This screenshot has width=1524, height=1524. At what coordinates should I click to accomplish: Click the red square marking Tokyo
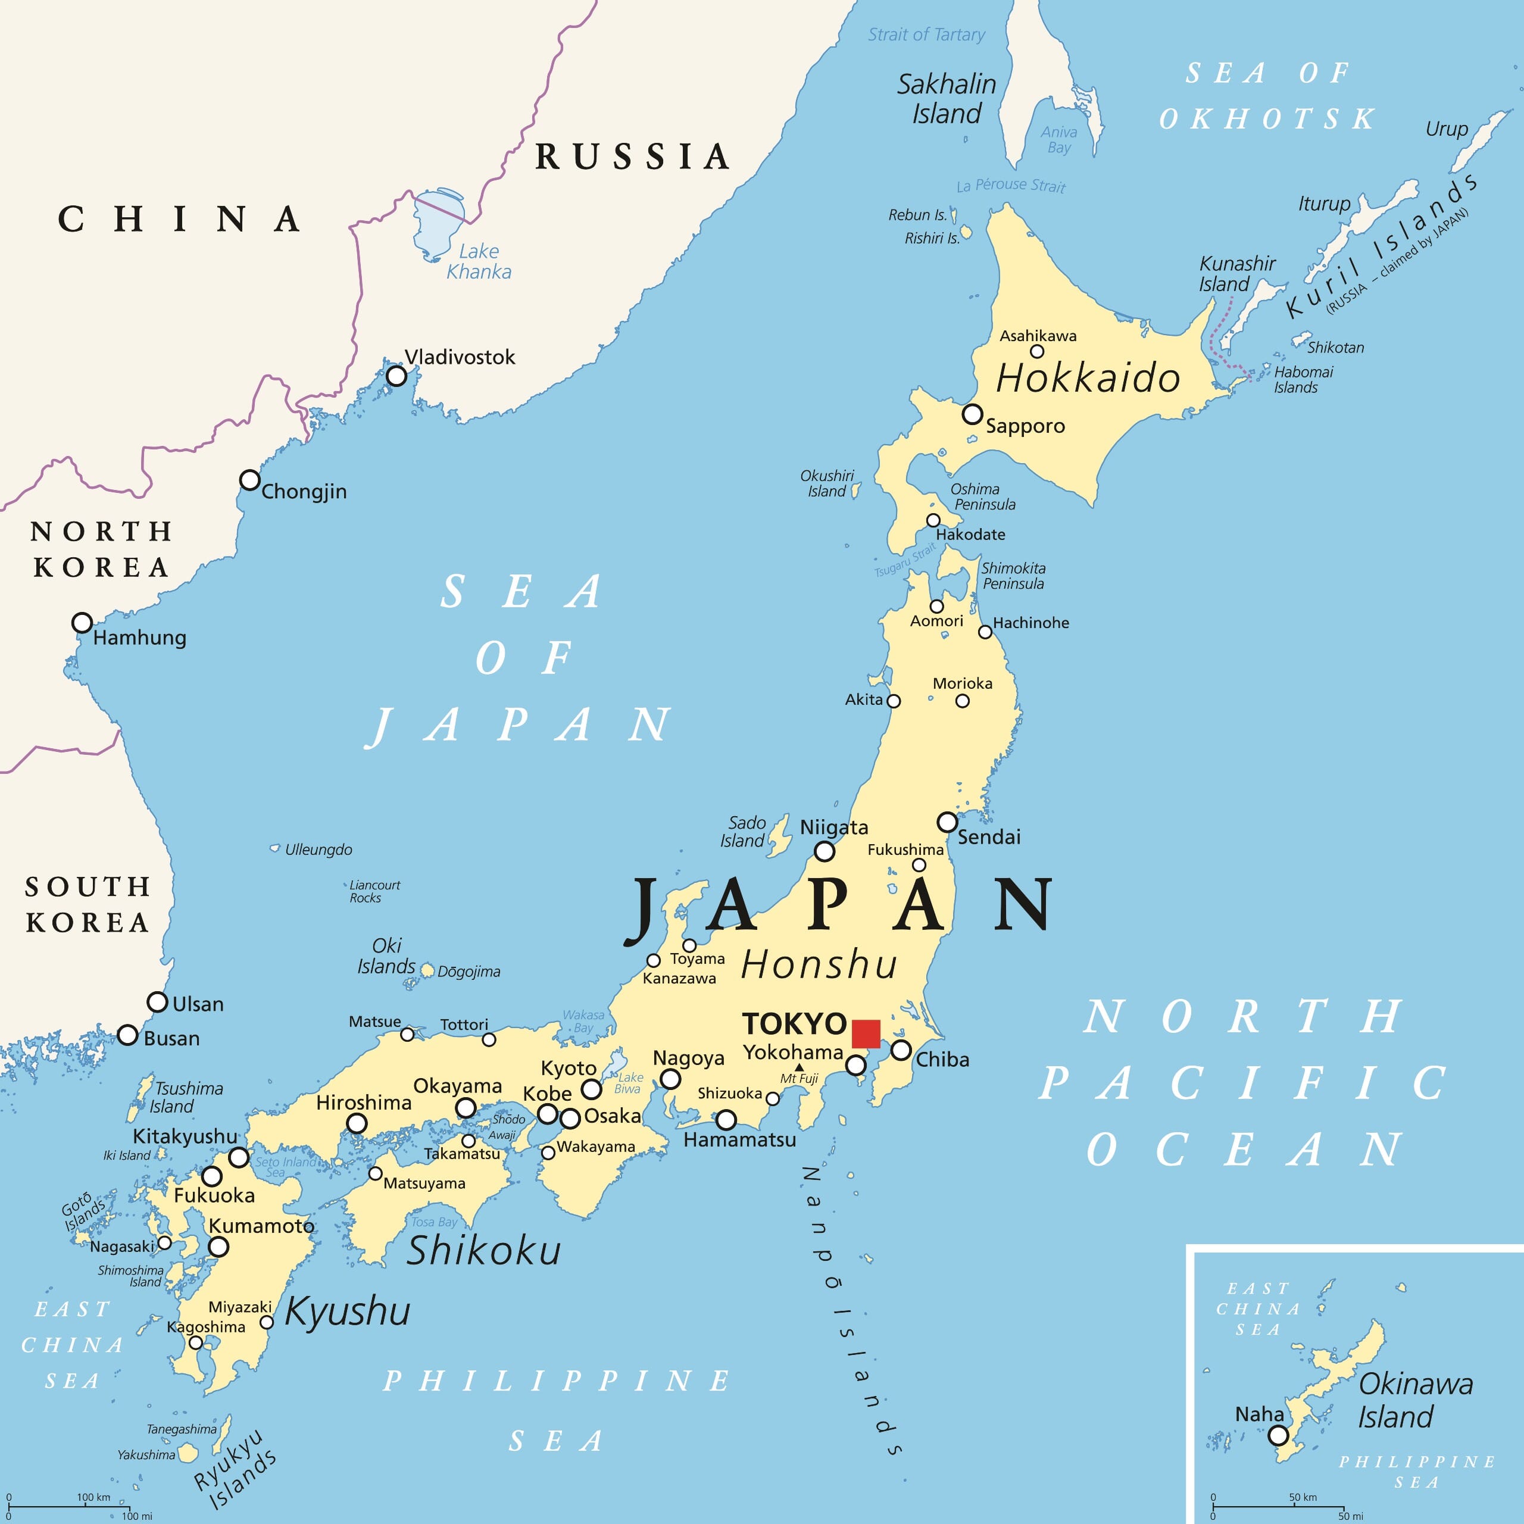866,1033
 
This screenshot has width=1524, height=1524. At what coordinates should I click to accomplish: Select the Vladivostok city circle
396,376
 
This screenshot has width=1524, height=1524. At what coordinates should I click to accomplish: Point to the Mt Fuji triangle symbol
799,1067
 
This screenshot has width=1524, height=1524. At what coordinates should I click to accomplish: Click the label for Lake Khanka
478,261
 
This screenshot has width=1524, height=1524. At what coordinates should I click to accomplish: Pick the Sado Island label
742,832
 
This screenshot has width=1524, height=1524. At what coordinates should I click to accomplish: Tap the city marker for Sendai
947,822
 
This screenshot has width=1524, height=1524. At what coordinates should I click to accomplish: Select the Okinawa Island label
1414,1400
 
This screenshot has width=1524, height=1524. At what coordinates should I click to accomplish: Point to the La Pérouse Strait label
1010,185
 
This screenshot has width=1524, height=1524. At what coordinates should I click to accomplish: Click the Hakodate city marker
933,520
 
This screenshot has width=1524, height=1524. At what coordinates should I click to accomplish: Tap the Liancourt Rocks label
374,891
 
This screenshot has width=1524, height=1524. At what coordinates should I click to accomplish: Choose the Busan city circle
128,1035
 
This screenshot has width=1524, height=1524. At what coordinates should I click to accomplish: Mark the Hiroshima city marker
357,1123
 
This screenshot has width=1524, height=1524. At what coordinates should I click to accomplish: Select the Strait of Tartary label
926,35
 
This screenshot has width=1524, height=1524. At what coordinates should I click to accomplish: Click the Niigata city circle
825,851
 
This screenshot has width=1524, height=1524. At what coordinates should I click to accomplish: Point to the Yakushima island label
146,1454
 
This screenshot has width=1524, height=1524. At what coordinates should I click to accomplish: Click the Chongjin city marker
249,480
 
